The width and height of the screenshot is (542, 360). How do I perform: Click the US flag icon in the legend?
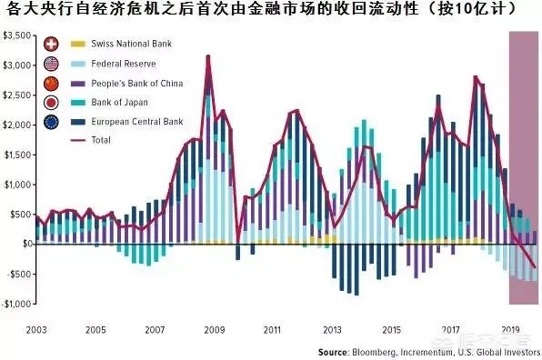pyautogui.click(x=52, y=64)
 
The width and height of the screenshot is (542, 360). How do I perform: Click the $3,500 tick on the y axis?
pyautogui.click(x=15, y=35)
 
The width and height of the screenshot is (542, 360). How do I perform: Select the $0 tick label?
pyautogui.click(x=22, y=245)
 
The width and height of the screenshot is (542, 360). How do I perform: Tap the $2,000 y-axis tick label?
pyautogui.click(x=15, y=125)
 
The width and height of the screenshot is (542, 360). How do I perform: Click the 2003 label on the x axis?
pyautogui.click(x=37, y=329)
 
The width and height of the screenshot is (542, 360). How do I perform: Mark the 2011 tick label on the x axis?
pyautogui.click(x=270, y=329)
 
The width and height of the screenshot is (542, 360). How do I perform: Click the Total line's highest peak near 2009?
pyautogui.click(x=208, y=56)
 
